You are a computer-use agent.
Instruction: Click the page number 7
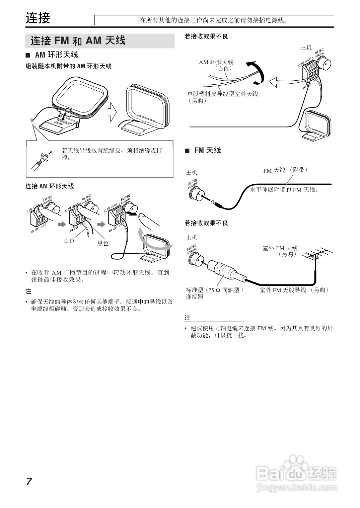(x=29, y=482)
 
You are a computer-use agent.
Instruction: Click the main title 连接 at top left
(x=38, y=18)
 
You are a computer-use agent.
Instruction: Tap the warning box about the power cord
(x=214, y=20)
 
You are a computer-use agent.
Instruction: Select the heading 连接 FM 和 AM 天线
(x=78, y=41)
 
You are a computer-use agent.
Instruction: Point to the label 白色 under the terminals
(x=69, y=240)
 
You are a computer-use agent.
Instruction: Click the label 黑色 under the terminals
(x=103, y=243)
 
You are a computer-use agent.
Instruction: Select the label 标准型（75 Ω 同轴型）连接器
(x=214, y=293)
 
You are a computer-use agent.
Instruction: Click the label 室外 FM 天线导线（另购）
(x=294, y=290)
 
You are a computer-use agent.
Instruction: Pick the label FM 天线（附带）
(x=285, y=170)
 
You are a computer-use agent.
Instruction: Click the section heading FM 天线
(x=207, y=150)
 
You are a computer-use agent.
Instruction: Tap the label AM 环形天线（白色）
(x=216, y=65)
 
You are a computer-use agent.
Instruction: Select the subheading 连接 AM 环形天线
(x=50, y=186)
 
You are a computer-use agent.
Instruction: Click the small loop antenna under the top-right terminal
(x=316, y=125)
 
